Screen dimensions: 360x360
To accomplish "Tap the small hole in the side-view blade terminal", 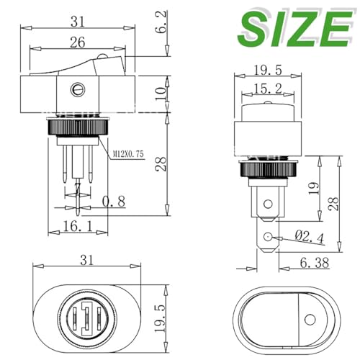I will (x=268, y=238).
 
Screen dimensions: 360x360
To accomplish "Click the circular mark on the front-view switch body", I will (x=73, y=91).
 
